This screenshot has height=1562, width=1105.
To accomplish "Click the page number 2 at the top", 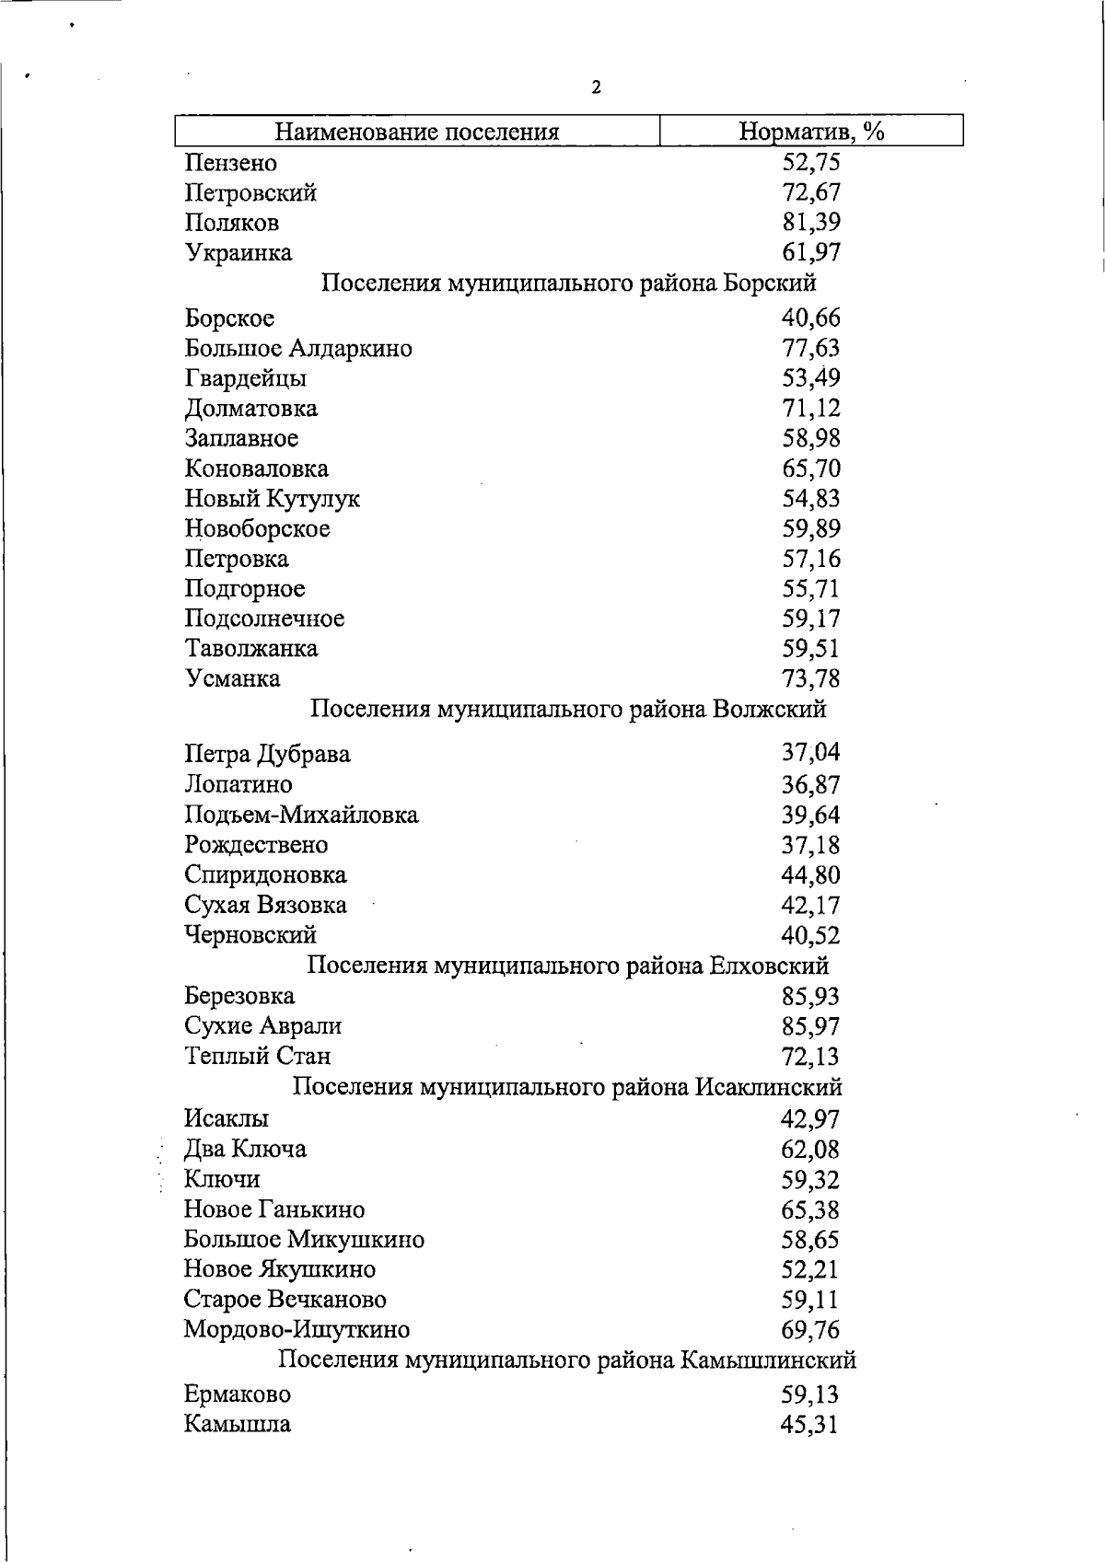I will coord(596,88).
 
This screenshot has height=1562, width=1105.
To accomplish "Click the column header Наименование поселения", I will coord(417,132).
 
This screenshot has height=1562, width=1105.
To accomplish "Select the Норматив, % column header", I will coord(811,132).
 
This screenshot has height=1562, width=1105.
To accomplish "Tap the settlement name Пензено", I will coord(230,163).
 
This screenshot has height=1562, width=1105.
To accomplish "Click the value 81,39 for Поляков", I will coord(810,223).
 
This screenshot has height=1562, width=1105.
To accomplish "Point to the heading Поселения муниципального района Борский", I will coord(568,283).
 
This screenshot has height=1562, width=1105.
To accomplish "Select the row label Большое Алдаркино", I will coord(297,349).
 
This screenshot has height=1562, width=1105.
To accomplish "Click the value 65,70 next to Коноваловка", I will coord(810,469).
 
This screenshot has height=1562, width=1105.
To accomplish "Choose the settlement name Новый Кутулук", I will coord(272,499).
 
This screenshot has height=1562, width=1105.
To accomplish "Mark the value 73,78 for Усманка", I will coord(810,679).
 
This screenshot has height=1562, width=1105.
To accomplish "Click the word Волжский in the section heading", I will coord(770,710).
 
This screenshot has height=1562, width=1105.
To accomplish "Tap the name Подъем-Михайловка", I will coord(301,815).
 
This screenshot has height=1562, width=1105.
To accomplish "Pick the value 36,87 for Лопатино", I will coord(810,785).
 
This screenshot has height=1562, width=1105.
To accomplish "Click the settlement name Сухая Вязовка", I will coord(265,905).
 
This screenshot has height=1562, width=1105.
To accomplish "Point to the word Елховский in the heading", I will coord(769,966).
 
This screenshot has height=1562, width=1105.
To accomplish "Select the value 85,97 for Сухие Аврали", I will coord(810,1026).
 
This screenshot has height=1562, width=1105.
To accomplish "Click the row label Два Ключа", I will coord(245,1150).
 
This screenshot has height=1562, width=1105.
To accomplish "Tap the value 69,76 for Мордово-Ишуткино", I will coord(810,1330).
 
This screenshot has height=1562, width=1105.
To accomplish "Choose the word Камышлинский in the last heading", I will coord(768,1360).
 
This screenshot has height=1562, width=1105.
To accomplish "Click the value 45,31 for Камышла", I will coord(810,1425).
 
